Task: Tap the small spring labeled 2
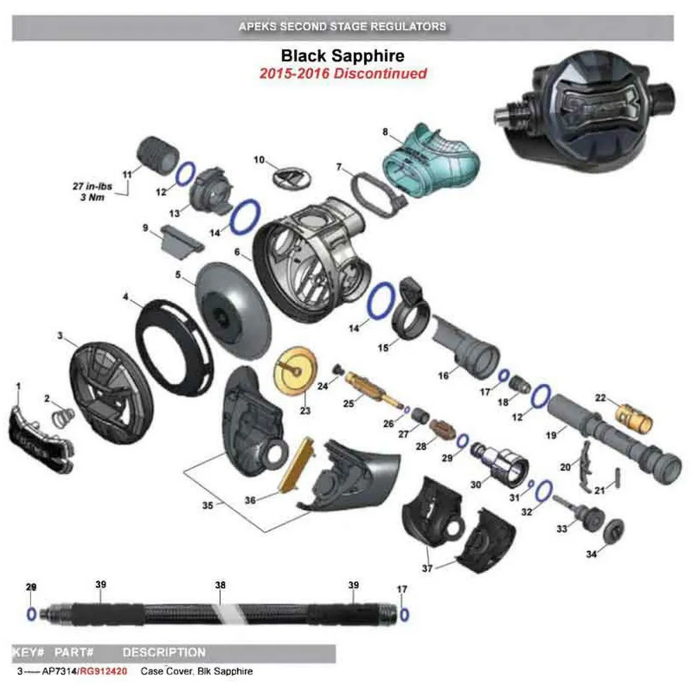click(x=64, y=417)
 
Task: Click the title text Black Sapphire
click(x=342, y=55)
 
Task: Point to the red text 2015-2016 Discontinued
click(x=343, y=73)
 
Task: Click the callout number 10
click(x=259, y=160)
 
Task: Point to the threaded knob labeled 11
click(x=156, y=156)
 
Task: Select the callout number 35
click(x=207, y=506)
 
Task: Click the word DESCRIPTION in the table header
click(x=164, y=653)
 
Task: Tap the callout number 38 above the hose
click(x=220, y=585)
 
